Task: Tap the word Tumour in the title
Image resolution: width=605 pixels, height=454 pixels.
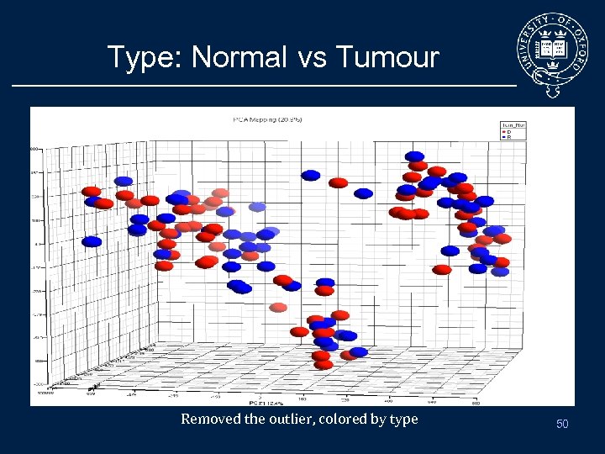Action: click(387, 57)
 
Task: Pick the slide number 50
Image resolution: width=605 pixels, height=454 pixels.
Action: click(562, 425)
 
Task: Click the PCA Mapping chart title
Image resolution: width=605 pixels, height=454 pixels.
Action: click(268, 119)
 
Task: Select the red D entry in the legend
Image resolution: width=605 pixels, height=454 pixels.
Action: click(507, 132)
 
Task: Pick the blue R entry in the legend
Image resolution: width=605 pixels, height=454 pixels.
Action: click(507, 137)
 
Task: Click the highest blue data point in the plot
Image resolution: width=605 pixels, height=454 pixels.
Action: click(414, 156)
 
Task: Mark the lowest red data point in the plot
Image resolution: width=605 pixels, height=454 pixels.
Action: click(324, 365)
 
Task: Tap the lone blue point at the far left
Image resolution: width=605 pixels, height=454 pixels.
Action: click(92, 241)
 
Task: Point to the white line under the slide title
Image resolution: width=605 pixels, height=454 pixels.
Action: click(260, 86)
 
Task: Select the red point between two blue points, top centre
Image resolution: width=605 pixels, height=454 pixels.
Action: click(339, 182)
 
